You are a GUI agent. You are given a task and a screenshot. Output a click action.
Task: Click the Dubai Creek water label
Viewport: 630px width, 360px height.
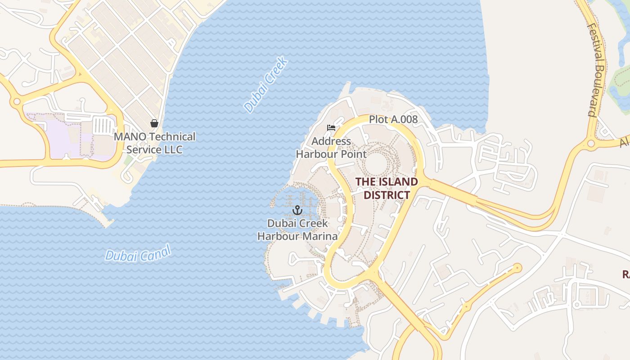point(265,84)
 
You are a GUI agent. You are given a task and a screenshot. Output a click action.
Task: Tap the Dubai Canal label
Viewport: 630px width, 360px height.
point(138,253)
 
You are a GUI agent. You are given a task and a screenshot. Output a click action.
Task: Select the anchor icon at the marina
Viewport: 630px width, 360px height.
point(297,210)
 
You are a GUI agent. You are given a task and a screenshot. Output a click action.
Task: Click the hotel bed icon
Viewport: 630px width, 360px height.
point(331,128)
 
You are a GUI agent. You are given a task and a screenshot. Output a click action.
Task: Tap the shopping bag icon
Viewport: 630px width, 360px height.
point(154,123)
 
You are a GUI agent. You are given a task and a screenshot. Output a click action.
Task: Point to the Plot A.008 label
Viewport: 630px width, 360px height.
point(393,120)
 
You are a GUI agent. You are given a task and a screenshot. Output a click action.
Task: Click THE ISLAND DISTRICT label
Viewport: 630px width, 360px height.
point(387,188)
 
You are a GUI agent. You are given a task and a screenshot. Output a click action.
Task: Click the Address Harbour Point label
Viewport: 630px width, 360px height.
point(331,148)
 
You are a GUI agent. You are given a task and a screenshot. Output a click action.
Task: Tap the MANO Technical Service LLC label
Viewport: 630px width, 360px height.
point(154,143)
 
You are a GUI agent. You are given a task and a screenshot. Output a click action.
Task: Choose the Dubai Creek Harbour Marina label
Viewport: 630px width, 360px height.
point(297,229)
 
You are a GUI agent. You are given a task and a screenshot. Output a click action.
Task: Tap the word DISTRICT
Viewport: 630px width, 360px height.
point(387,195)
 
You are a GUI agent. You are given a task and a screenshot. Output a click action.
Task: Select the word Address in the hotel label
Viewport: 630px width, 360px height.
point(331,141)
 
